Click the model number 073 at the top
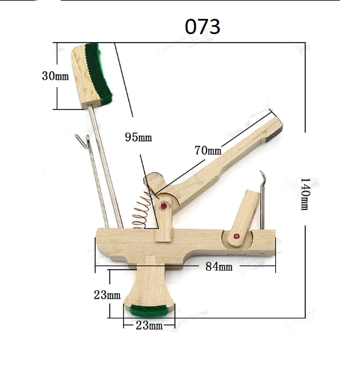(x=202, y=27)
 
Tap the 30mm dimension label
(x=55, y=76)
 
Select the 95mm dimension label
(x=138, y=137)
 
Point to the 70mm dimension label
(x=208, y=150)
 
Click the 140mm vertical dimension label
(x=305, y=194)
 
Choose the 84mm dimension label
(x=219, y=267)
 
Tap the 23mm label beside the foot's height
(x=107, y=295)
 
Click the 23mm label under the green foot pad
(x=149, y=325)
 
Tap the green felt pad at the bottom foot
(x=149, y=311)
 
